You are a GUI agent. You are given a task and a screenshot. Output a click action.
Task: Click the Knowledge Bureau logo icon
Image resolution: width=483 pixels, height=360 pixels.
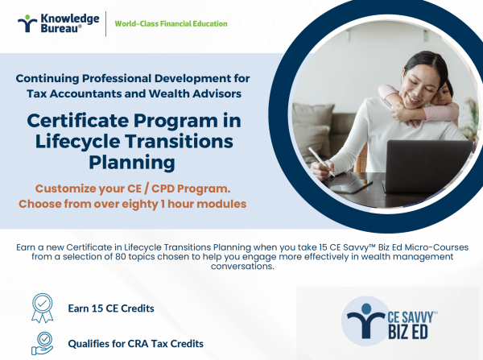pyautogui.click(x=27, y=23)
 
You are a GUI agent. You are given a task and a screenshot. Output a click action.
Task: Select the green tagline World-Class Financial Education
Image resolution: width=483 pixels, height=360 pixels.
pyautogui.click(x=171, y=23)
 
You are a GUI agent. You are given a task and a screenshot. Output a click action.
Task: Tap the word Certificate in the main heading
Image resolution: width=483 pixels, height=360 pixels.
pyautogui.click(x=77, y=121)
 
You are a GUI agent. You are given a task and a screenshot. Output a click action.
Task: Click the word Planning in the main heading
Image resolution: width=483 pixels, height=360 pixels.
pyautogui.click(x=132, y=163)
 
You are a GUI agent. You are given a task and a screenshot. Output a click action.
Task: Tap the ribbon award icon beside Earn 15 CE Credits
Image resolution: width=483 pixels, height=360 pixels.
pyautogui.click(x=43, y=308)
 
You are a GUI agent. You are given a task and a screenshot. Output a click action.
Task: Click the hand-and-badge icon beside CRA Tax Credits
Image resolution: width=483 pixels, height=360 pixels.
pyautogui.click(x=43, y=343)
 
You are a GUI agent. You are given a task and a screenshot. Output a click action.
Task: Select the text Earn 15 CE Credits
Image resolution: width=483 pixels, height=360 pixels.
pyautogui.click(x=111, y=308)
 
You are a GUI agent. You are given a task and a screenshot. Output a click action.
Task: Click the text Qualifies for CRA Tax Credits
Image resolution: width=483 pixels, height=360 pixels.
pyautogui.click(x=136, y=344)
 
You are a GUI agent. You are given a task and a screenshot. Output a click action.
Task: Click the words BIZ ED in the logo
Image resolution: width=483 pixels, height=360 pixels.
pyautogui.click(x=408, y=332)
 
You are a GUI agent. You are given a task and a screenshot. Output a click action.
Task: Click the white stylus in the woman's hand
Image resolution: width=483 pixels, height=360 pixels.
pyautogui.click(x=321, y=162)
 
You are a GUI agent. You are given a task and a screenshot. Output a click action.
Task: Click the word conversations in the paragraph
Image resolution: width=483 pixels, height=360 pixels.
pyautogui.click(x=242, y=267)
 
